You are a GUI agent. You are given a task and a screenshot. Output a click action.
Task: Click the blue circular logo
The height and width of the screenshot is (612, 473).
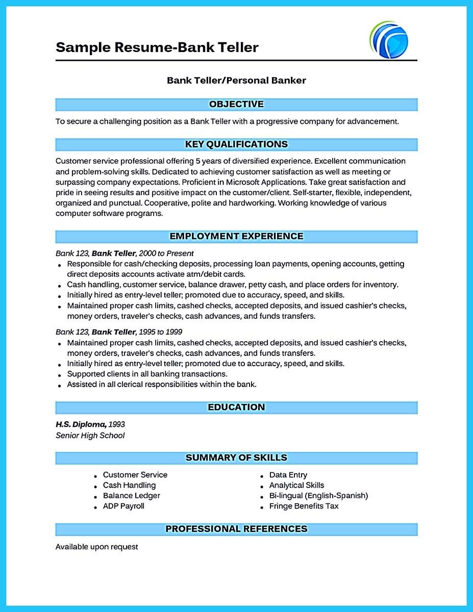coord(389,40)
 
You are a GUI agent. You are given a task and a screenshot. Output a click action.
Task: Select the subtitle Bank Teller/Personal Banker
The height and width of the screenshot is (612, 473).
coord(236,80)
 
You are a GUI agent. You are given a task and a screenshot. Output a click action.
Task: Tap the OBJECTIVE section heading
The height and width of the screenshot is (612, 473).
coord(236,105)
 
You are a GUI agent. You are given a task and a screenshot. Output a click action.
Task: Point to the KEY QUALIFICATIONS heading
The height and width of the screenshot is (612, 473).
coord(236,144)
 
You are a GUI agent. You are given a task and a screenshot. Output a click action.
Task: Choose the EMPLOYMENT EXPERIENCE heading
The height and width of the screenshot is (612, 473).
coord(236,236)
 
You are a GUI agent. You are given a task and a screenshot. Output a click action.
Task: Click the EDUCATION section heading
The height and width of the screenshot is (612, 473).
coord(236,407)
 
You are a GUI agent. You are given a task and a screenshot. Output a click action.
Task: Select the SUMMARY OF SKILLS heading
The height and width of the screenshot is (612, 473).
coord(236,457)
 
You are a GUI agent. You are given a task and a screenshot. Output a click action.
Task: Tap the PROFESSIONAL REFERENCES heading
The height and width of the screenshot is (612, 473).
coord(236,529)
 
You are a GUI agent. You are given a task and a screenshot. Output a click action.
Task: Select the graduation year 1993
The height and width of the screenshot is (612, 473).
coord(117,424)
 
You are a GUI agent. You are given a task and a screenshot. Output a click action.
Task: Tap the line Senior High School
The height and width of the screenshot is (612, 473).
coord(90,436)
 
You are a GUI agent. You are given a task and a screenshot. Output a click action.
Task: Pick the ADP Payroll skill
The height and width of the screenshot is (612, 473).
coord(123,506)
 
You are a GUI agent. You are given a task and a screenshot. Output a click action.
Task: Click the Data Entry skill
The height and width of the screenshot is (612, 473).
coord(288,475)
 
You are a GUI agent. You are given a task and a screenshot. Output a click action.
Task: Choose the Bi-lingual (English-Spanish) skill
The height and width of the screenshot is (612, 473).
coord(318,495)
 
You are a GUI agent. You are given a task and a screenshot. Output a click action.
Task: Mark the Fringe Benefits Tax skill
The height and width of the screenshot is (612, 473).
coord(304,506)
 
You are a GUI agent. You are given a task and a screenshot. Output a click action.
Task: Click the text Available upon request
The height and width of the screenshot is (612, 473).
coord(96,547)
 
